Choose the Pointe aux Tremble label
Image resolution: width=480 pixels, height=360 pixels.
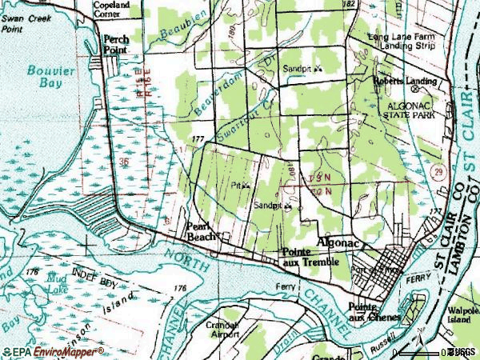pos(310,257)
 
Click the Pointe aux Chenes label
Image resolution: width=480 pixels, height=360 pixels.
pos(368,312)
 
